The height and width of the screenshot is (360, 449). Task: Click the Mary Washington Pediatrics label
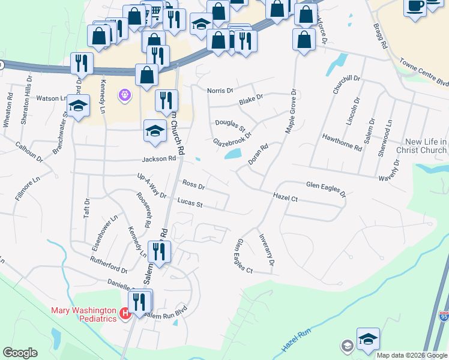[82, 314]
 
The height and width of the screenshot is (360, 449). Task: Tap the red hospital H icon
[125, 313]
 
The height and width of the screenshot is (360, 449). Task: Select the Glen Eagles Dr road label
[326, 190]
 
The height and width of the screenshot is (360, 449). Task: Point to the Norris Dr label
[220, 91]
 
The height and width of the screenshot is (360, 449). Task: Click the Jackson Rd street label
[158, 159]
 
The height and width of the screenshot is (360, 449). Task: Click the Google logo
[20, 353]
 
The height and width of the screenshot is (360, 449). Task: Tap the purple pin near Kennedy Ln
[125, 94]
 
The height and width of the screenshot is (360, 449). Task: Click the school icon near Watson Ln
[77, 107]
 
